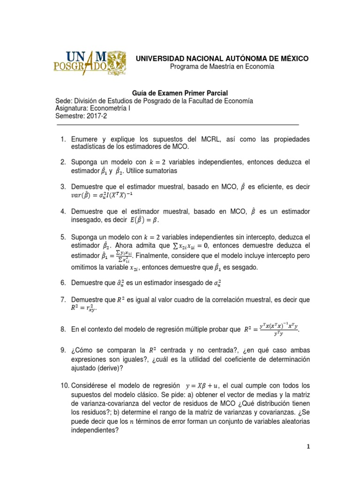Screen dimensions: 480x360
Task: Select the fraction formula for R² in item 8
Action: coord(272,330)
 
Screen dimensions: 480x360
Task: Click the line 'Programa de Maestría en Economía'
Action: coord(222,67)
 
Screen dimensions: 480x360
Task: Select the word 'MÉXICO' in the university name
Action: coord(292,58)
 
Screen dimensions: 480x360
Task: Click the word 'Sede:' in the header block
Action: coord(64,101)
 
